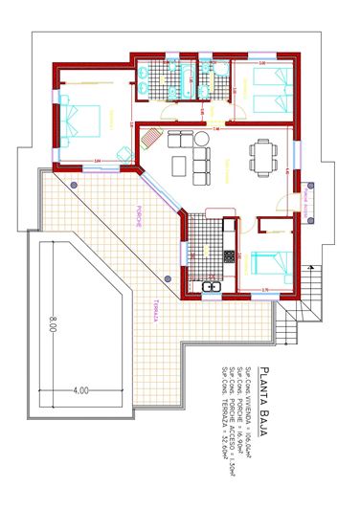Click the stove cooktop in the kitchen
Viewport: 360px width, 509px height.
tap(229, 256)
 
